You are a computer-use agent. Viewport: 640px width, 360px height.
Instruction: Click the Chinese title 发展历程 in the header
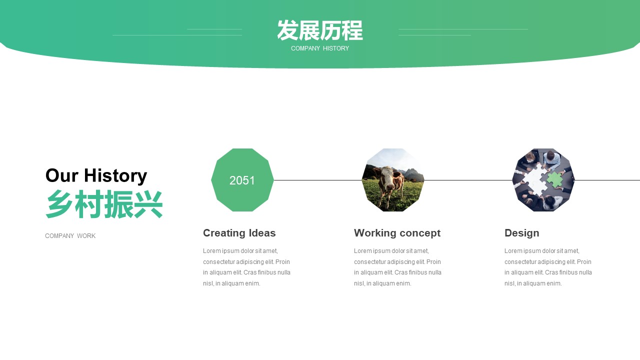click(320, 30)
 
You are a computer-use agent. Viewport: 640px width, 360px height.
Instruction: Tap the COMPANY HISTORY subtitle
click(320, 48)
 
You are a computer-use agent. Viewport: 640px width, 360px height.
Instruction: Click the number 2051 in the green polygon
click(242, 180)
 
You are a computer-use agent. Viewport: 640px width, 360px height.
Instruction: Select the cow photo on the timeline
click(393, 180)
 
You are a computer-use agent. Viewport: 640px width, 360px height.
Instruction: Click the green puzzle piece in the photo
click(554, 179)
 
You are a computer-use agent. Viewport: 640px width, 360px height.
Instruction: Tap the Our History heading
click(96, 175)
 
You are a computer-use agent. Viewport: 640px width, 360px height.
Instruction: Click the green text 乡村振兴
click(104, 204)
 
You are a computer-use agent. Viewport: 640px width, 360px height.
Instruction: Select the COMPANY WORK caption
click(70, 236)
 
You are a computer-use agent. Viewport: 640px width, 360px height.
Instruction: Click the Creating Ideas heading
click(239, 233)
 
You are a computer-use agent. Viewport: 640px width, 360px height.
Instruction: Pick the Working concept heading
click(397, 233)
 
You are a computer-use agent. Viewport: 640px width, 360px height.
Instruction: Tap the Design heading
click(521, 233)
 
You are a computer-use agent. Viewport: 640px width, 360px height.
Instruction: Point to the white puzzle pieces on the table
click(535, 179)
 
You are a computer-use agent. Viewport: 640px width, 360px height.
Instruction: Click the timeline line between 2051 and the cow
click(317, 180)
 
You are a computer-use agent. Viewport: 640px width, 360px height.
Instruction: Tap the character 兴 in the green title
click(148, 204)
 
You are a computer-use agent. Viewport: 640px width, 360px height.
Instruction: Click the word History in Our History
click(115, 175)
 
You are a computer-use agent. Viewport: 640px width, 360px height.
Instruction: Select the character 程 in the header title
click(352, 30)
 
